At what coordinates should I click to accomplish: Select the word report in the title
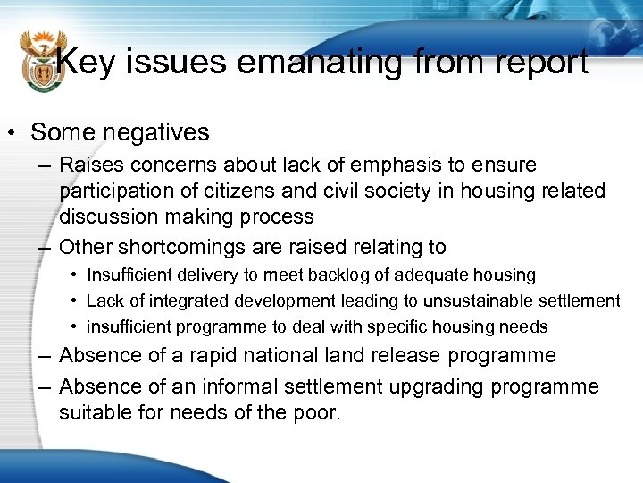537,63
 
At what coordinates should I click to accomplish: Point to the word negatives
155,133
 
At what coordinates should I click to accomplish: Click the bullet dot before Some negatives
14,133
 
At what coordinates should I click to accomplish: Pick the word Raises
91,165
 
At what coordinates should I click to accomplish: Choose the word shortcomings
175,247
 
